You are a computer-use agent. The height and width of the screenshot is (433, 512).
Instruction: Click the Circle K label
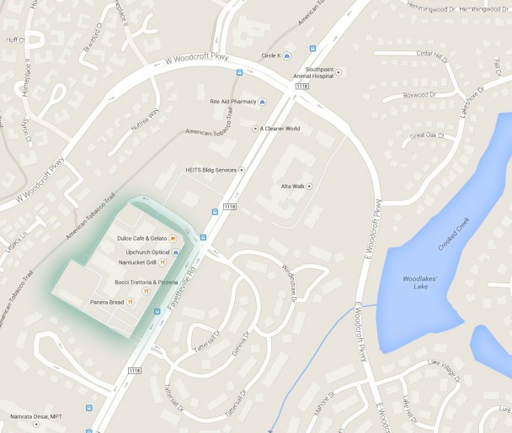271,55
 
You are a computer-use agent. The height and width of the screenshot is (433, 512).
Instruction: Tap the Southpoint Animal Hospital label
314,71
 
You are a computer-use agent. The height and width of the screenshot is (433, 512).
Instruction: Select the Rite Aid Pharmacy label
232,101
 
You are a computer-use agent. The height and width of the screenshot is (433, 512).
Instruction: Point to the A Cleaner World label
280,129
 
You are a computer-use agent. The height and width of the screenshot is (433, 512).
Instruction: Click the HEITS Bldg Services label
211,170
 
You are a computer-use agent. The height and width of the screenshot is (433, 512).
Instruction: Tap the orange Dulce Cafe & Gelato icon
173,239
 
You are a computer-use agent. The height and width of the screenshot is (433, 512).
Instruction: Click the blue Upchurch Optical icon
175,251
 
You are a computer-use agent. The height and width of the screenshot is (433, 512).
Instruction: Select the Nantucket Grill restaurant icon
162,262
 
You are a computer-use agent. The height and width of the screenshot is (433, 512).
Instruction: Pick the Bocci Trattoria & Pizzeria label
147,282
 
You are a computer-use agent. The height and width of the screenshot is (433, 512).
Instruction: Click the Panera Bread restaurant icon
131,302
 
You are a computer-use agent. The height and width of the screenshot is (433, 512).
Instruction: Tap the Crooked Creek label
453,234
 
